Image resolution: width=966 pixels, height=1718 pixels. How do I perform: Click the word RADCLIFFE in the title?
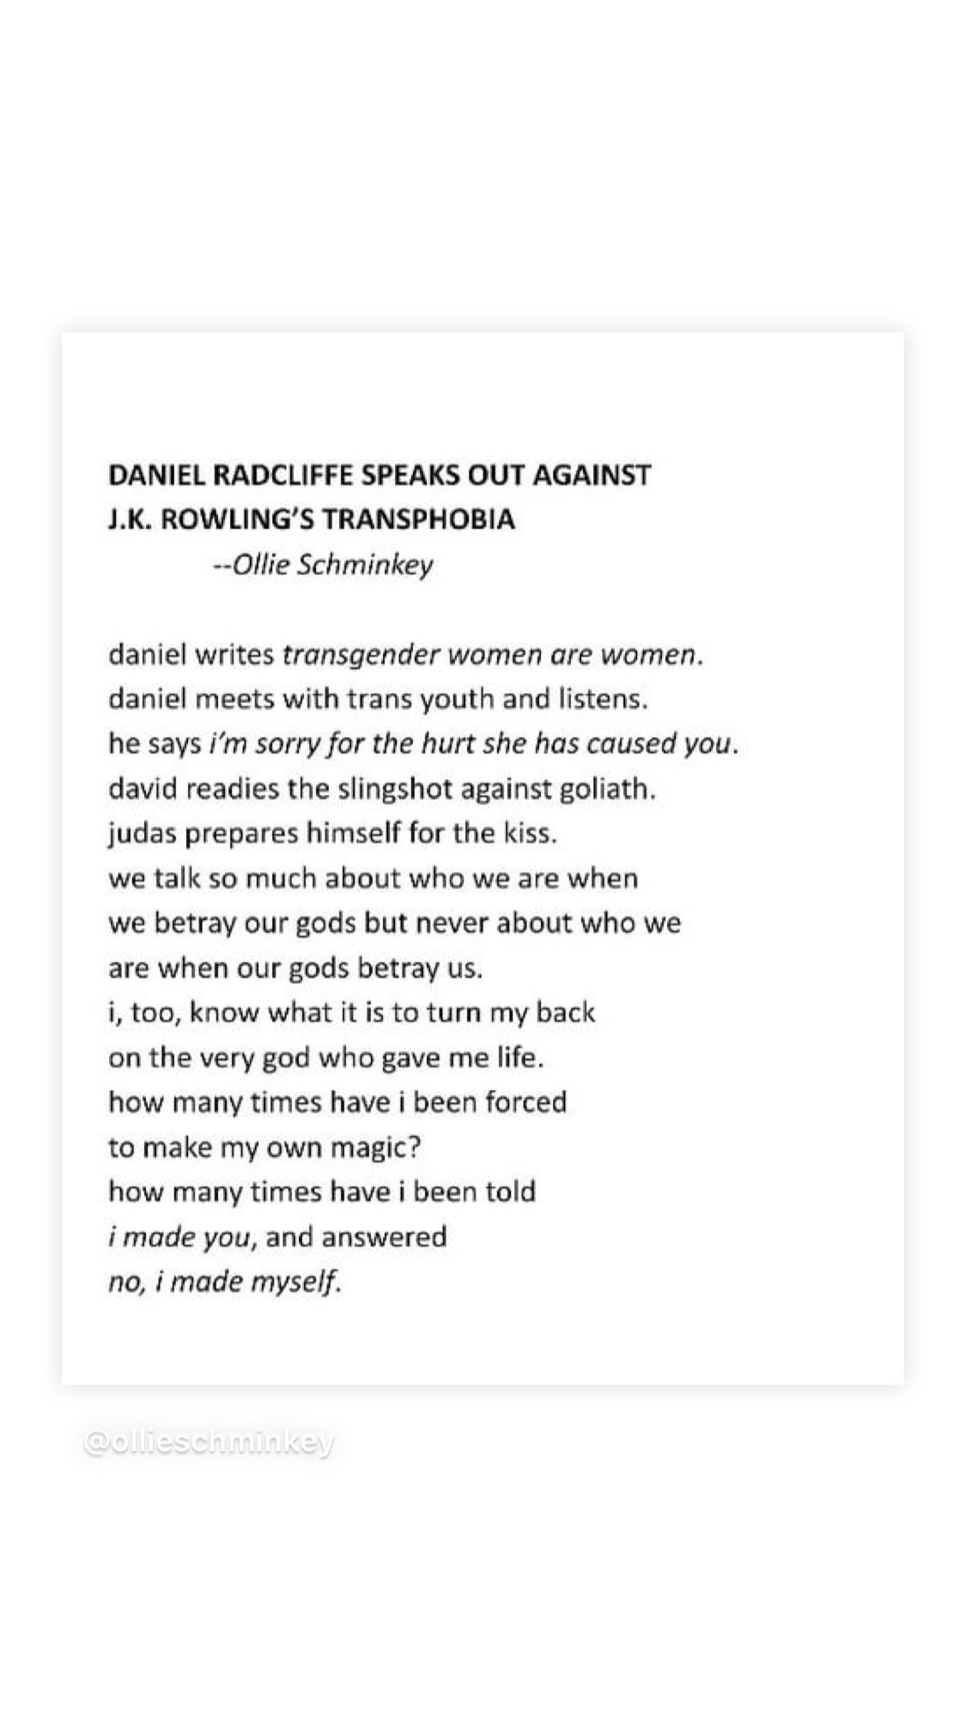point(278,475)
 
